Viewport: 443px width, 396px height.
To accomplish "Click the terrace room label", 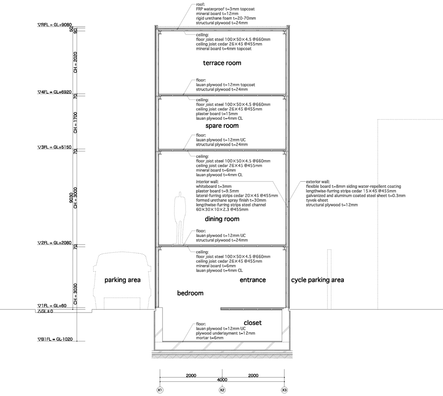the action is [x=222, y=63].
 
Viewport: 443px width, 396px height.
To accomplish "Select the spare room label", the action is [x=222, y=126].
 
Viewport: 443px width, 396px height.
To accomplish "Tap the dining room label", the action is [x=222, y=219].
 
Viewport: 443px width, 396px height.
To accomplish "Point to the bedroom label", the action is [x=190, y=293].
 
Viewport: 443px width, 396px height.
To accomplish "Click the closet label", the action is [x=253, y=323].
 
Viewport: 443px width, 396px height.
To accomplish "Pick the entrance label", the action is [x=253, y=280].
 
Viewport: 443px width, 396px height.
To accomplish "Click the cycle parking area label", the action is [x=318, y=280].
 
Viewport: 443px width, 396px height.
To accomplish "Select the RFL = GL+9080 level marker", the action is [x=55, y=24].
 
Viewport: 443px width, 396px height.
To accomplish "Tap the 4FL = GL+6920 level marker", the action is [x=54, y=92].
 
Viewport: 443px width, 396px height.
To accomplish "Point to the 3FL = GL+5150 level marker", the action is [x=54, y=147].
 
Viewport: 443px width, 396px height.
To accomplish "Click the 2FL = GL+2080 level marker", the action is [x=54, y=243].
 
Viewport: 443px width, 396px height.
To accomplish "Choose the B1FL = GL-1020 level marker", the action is [x=55, y=339].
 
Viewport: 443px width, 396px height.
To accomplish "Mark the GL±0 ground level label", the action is [x=45, y=311].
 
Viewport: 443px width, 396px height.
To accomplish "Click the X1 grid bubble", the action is [x=160, y=390].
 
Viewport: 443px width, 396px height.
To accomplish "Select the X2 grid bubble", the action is [x=222, y=390].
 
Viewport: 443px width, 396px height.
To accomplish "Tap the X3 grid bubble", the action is [x=284, y=390].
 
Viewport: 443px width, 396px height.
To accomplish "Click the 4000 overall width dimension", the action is [x=222, y=380].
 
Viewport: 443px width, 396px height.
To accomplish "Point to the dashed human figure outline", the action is [x=179, y=218].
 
